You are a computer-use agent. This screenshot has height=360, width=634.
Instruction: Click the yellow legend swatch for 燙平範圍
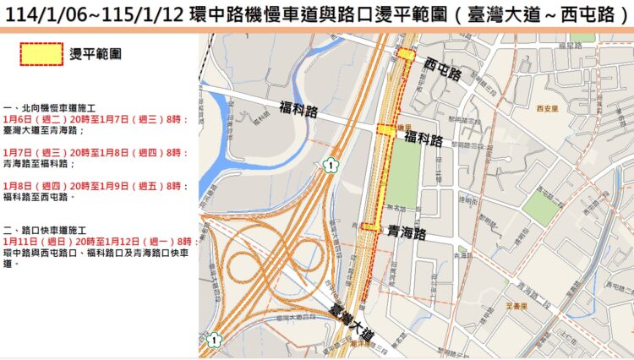41,53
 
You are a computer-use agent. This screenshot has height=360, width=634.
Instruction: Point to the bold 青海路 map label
407,230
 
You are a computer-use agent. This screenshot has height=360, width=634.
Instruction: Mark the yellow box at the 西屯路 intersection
407,54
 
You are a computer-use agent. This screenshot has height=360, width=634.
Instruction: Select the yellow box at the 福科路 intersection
386,130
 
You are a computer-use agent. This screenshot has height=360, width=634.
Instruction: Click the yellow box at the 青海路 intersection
370,226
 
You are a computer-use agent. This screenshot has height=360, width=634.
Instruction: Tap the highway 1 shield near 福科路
330,166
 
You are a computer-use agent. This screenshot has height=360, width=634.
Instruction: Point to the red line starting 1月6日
94,121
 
